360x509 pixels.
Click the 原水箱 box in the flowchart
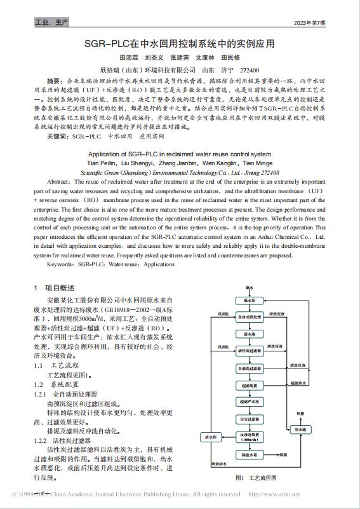click(249, 299)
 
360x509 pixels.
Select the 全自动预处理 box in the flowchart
click(250, 316)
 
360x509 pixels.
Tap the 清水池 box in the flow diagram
click(249, 333)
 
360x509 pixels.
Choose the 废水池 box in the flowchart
click(300, 430)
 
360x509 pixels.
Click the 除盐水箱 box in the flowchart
click(249, 455)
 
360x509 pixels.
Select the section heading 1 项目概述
click(56, 288)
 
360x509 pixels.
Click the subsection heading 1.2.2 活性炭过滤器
click(65, 440)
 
